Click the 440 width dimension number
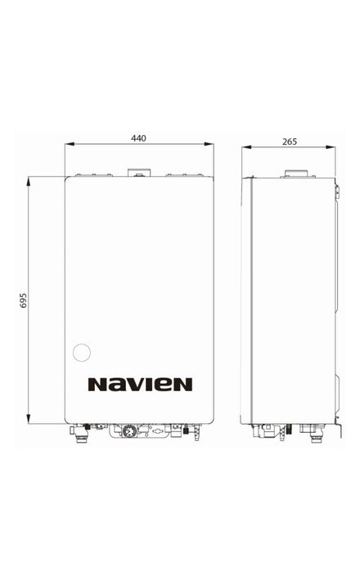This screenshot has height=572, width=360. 138,138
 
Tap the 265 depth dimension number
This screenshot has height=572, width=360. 290,142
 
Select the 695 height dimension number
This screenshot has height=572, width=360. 24,300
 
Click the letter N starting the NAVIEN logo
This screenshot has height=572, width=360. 97,385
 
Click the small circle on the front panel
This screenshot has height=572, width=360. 82,353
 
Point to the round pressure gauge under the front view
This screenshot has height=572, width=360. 129,430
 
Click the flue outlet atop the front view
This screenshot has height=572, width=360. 139,173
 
